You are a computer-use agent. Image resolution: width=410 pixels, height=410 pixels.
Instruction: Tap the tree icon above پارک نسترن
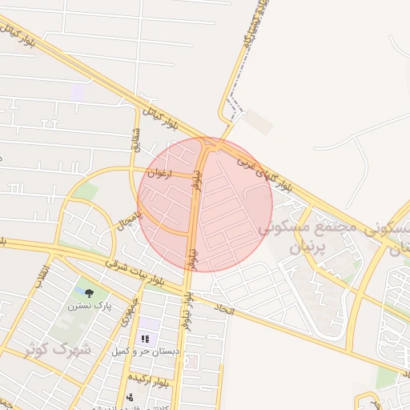pyautogui.click(x=89, y=293)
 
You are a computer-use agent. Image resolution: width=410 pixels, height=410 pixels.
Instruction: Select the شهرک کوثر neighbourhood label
pyautogui.click(x=59, y=349)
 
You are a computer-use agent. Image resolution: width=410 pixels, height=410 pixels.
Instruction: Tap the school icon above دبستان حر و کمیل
pyautogui.click(x=145, y=339)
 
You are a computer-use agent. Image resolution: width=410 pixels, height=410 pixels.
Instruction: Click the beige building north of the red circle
pyautogui.click(x=259, y=122)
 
